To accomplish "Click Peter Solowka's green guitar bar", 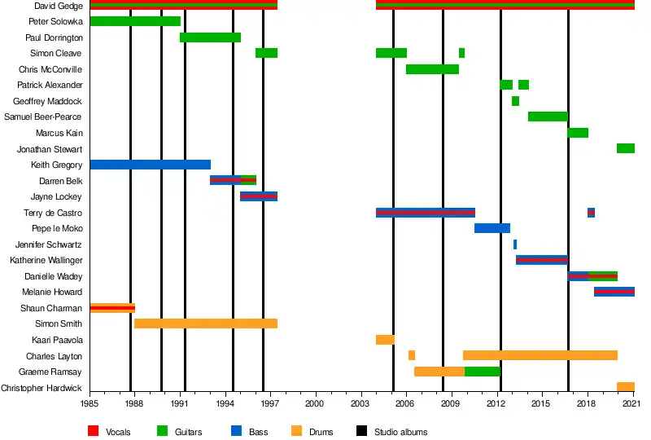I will coord(135,21).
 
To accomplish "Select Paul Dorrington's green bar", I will coord(210,37).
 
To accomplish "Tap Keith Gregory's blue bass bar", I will coord(150,165).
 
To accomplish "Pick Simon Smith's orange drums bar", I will coord(206,323).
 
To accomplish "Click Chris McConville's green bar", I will coord(432,69).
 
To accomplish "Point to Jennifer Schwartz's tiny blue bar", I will coord(515,244).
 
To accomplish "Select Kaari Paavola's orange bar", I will coord(385,340).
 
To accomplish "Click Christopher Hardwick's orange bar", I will coord(626,387).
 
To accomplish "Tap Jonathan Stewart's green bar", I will coord(626,148).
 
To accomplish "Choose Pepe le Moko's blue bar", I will coord(492,228).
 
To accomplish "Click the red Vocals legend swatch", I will coord(93,432).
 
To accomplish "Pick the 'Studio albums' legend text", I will coord(400,432).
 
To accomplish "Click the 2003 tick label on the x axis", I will coord(360,403).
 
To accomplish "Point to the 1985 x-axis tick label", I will coord(90,403).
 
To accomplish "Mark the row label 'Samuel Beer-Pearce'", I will coord(43,117).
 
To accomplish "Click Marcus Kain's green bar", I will coord(578,133).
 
